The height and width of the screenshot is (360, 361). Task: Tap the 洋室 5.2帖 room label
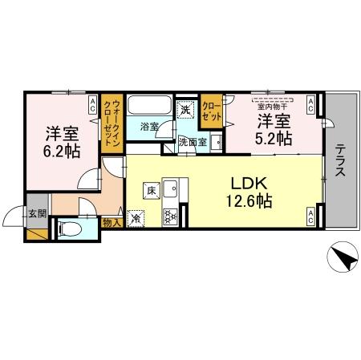[x=273, y=130]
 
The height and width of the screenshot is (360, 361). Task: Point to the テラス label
[x=340, y=164]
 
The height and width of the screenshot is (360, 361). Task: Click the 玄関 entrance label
[x=38, y=214]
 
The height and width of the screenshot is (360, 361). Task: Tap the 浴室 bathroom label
[x=148, y=127]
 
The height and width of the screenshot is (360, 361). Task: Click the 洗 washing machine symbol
[x=185, y=110]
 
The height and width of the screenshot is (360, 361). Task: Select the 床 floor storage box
[x=150, y=191]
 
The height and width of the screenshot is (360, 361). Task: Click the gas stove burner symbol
[x=170, y=215]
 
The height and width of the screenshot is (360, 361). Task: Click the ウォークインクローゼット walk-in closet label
[x=114, y=123]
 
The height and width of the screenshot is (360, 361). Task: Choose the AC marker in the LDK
[x=310, y=215]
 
